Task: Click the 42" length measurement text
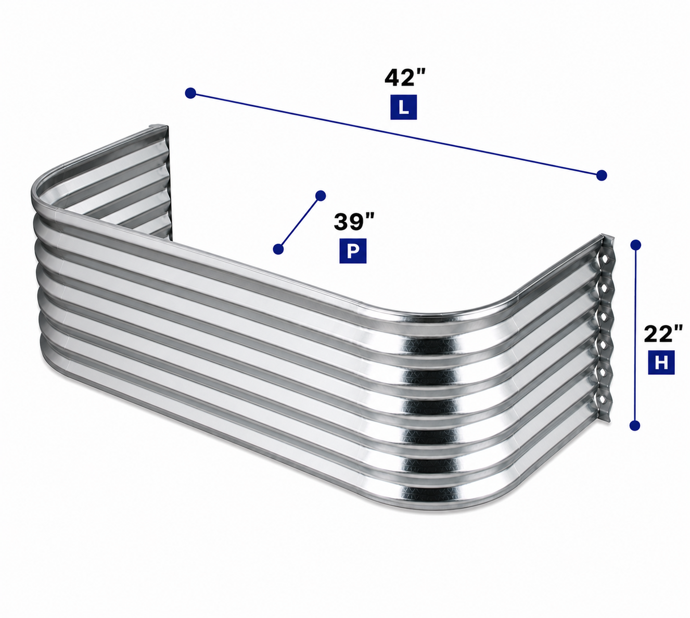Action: coord(405,78)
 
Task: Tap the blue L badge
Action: coord(404,107)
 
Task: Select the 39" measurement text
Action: coord(354,222)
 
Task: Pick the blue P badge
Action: coord(353,251)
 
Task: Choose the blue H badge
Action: coord(661,362)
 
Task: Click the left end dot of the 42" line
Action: coord(190,93)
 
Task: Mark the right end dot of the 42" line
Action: coord(602,175)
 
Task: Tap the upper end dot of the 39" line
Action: coord(321,195)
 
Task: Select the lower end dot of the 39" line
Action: coord(278,249)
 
